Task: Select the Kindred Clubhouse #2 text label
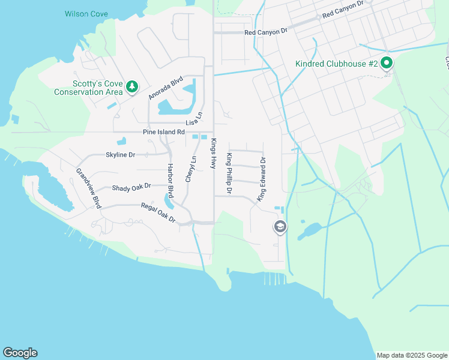336,64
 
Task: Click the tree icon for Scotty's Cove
131,88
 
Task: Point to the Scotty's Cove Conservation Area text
88,88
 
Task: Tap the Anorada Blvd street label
165,88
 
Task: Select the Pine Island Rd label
163,132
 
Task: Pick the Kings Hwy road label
212,154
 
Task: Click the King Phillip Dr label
229,173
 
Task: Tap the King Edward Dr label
262,179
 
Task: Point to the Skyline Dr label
120,155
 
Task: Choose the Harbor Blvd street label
170,181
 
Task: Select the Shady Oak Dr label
131,187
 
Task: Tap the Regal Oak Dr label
158,212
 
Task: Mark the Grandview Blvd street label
88,188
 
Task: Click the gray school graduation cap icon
280,227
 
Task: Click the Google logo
20,353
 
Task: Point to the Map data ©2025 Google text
411,355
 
